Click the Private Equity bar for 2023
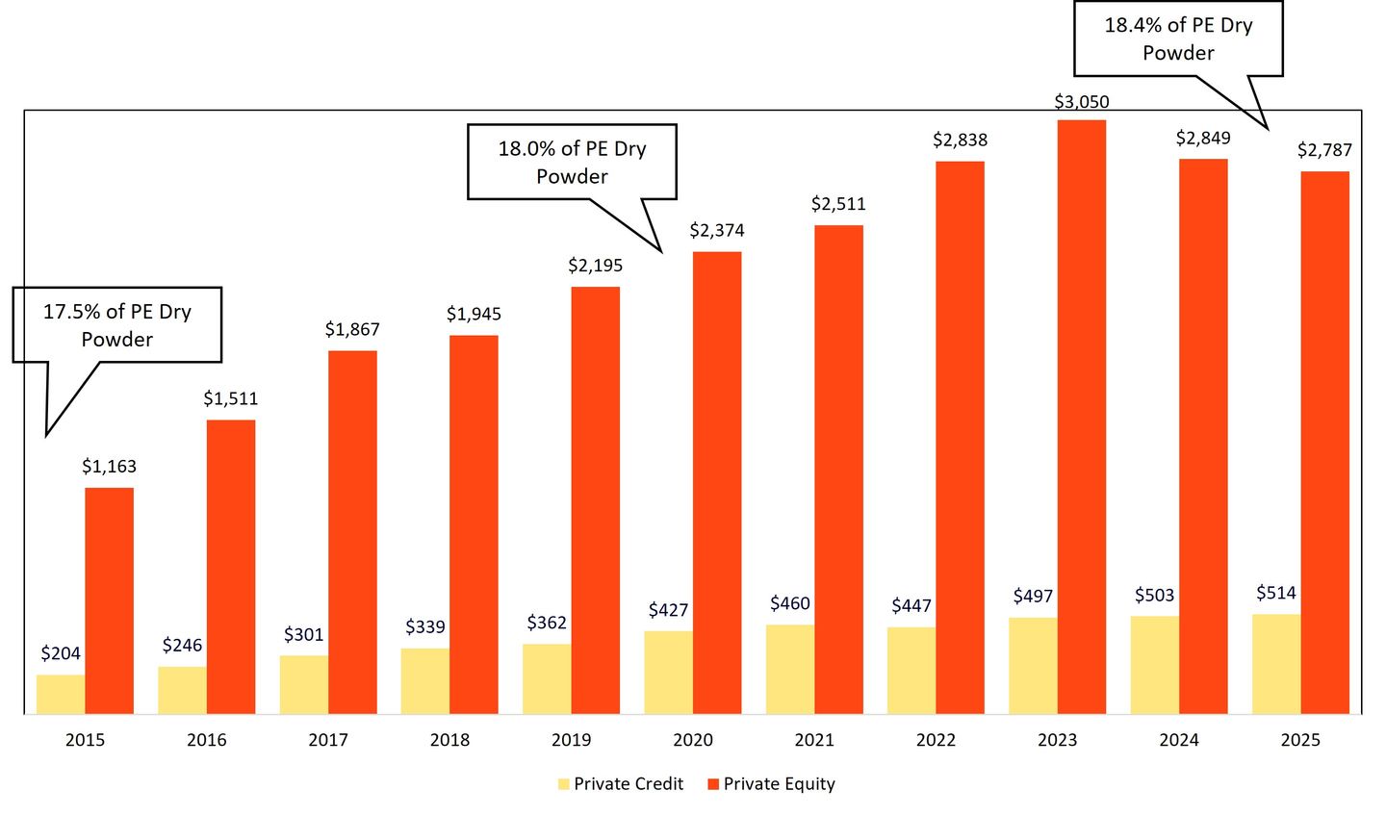click(x=1081, y=417)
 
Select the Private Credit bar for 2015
click(x=61, y=694)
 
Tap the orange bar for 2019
click(x=595, y=500)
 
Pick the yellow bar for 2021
click(x=790, y=669)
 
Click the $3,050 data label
click(x=1081, y=102)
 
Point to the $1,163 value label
click(x=109, y=467)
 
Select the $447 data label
click(x=911, y=605)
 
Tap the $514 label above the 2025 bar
click(x=1275, y=593)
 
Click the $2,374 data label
click(x=717, y=231)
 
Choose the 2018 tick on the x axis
click(x=449, y=740)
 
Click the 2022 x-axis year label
click(x=936, y=740)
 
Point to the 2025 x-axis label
click(x=1300, y=740)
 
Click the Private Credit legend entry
click(x=620, y=784)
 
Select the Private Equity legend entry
click(x=771, y=784)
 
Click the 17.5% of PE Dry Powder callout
click(x=117, y=325)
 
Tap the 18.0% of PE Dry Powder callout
click(x=572, y=163)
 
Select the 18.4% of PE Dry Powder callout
click(x=1178, y=39)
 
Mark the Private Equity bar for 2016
click(x=231, y=567)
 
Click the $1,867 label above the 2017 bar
click(x=352, y=330)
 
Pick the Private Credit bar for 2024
click(x=1154, y=664)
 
